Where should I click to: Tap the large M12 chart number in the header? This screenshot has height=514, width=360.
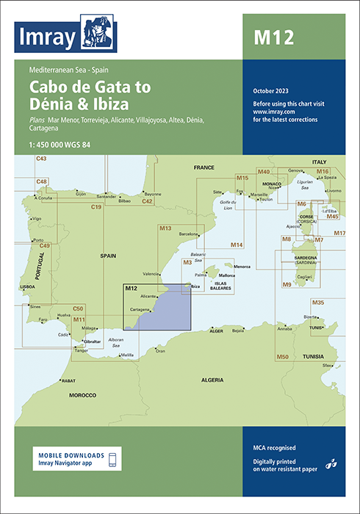(x=273, y=37)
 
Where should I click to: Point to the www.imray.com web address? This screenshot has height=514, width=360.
(x=271, y=112)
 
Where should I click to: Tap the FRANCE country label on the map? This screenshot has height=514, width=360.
(x=204, y=168)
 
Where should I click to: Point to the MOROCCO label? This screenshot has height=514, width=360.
(x=82, y=395)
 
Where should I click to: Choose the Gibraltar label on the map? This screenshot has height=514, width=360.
(x=92, y=342)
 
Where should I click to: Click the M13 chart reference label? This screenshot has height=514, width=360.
(x=165, y=229)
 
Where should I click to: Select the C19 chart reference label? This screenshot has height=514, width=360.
(x=96, y=208)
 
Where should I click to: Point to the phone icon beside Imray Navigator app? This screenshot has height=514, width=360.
(x=112, y=460)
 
